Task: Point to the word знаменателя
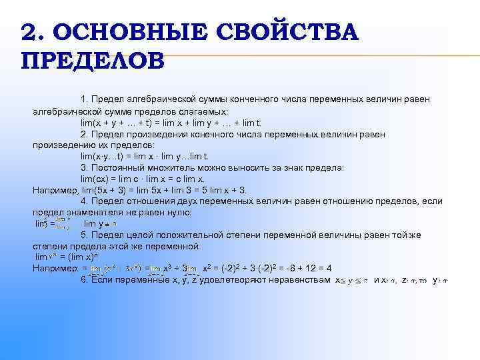point(91,213)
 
